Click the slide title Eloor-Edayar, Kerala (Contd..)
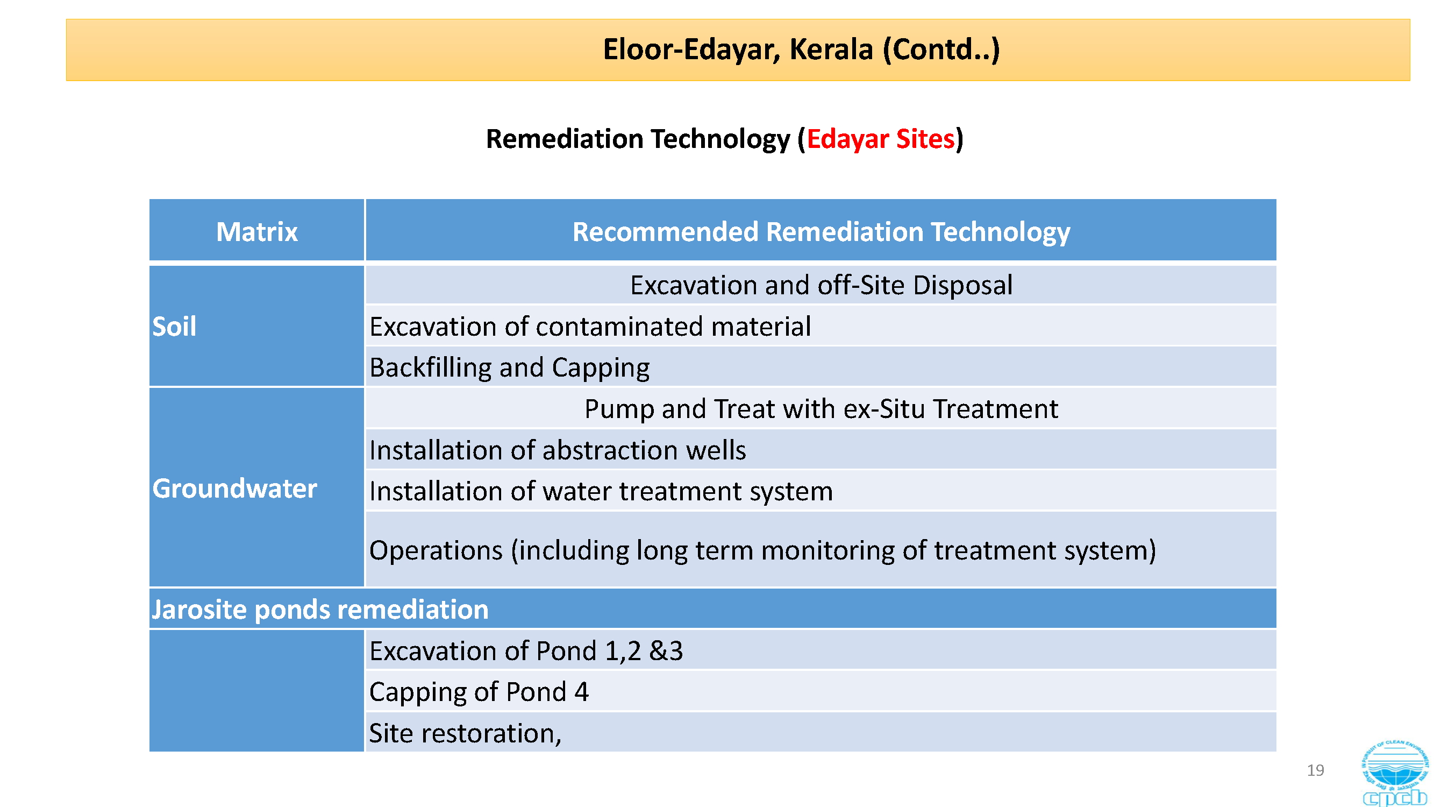pos(801,49)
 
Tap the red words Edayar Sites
pos(881,139)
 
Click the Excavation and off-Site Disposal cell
pos(821,285)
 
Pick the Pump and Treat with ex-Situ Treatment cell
pos(821,409)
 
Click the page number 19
pos(1315,770)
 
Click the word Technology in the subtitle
pos(720,139)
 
